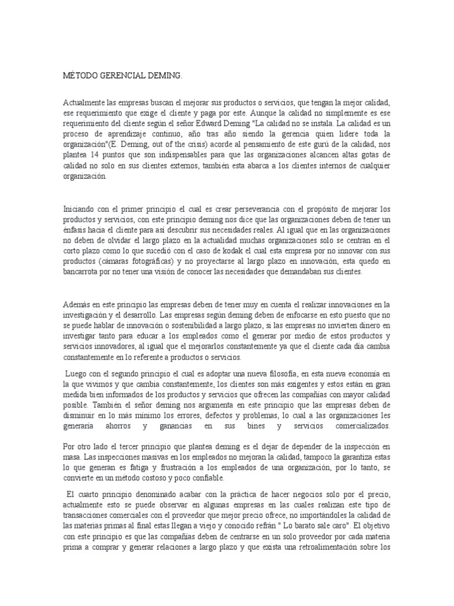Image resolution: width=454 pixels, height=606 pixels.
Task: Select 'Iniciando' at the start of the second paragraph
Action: [80, 209]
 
